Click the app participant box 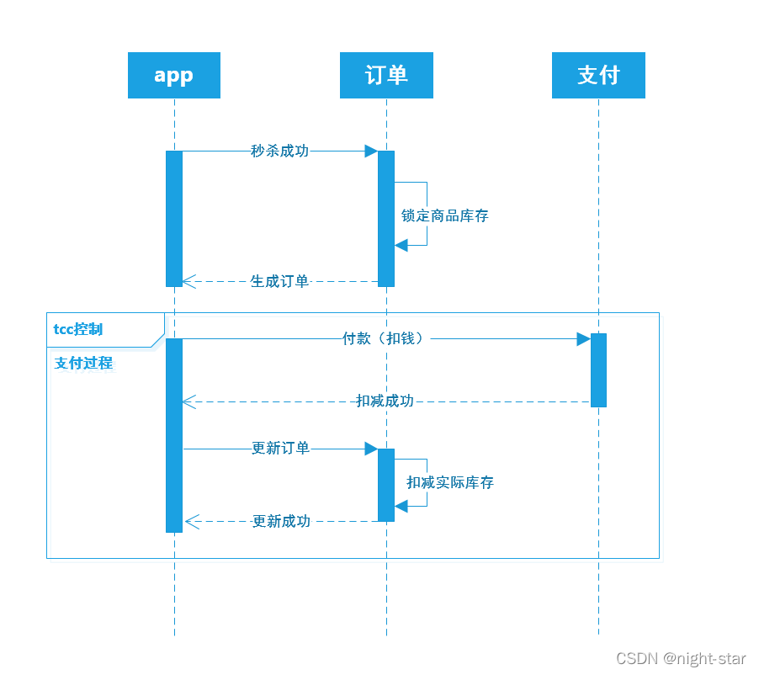[x=174, y=76]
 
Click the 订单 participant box [x=386, y=76]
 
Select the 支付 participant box [x=598, y=76]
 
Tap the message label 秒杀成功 [x=279, y=151]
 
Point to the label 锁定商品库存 [x=444, y=215]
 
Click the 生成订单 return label [x=279, y=281]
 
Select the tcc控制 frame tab [x=79, y=329]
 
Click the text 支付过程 [x=83, y=364]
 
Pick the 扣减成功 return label [x=385, y=401]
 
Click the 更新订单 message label [x=280, y=449]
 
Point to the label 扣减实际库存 [x=449, y=482]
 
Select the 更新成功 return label [x=281, y=521]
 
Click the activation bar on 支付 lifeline [x=598, y=370]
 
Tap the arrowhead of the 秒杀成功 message [x=370, y=151]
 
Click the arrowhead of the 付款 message [x=582, y=338]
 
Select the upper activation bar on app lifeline [x=174, y=219]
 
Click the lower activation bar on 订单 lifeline [x=386, y=485]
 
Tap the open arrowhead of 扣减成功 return [x=189, y=401]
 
